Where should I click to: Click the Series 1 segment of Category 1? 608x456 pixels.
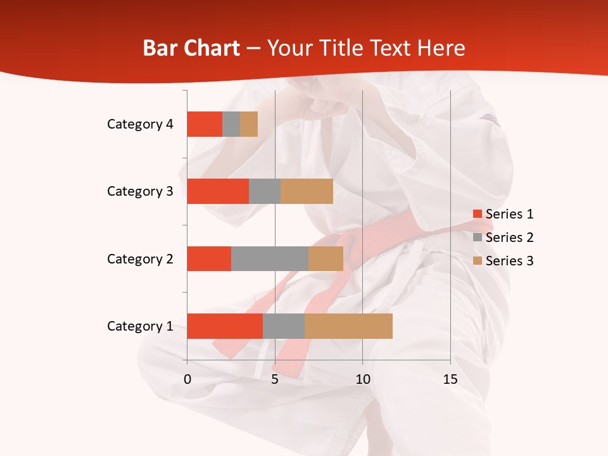click(x=225, y=326)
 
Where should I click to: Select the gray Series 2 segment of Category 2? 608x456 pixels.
click(x=270, y=258)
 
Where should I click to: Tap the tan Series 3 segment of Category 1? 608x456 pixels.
click(x=348, y=326)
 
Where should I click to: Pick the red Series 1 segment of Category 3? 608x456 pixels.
click(x=218, y=191)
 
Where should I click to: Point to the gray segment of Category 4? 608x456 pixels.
click(x=231, y=124)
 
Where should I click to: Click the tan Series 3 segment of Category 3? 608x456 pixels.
click(x=307, y=191)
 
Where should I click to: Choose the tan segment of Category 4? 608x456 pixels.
click(x=249, y=124)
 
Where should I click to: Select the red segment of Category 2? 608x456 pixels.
click(x=209, y=258)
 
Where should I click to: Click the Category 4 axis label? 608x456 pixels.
click(x=140, y=124)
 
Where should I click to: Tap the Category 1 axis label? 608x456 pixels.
click(x=140, y=326)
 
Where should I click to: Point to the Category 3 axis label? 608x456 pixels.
click(x=140, y=191)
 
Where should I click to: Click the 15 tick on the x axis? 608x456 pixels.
click(x=450, y=379)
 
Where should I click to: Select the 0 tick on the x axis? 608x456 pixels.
click(x=187, y=379)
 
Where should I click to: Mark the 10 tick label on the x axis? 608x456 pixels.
click(x=362, y=379)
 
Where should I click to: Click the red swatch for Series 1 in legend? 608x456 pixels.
click(x=477, y=214)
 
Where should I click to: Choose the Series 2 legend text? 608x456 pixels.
click(x=509, y=237)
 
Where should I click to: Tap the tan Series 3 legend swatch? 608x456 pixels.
click(x=477, y=261)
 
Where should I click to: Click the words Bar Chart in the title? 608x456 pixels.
click(x=191, y=48)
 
